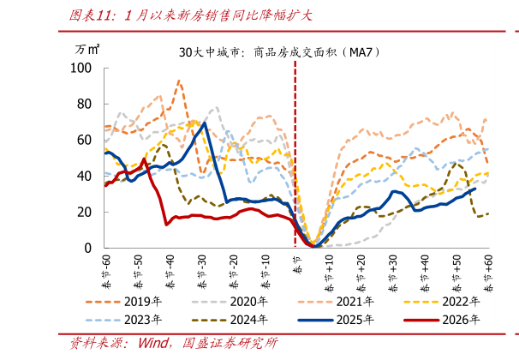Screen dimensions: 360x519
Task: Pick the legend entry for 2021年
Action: coord(357,302)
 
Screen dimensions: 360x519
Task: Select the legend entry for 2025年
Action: coord(357,320)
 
